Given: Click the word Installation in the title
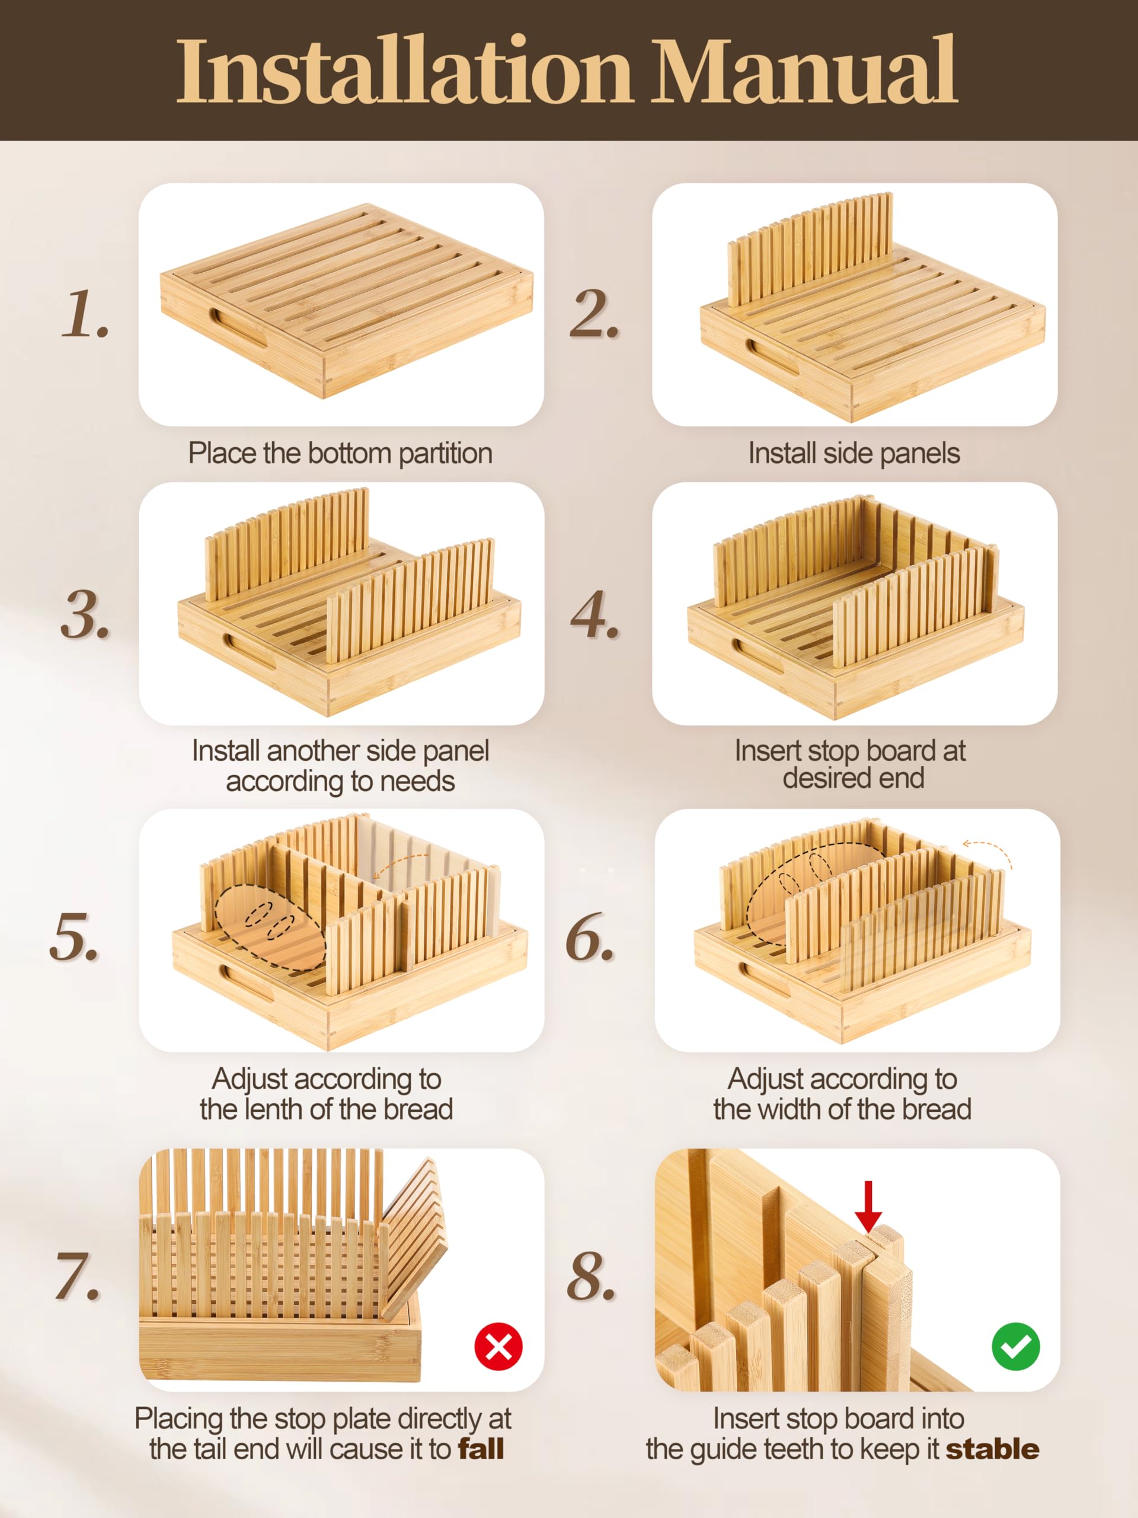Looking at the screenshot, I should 404,71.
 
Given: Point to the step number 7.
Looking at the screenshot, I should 78,1277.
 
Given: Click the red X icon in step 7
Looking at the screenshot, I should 498,1347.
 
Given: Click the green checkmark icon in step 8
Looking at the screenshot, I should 1015,1347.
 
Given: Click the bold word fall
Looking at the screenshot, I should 481,1449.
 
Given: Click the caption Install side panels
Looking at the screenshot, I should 854,453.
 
